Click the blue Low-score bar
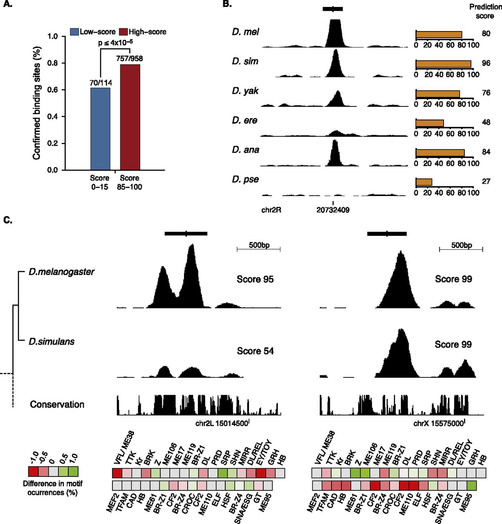100,129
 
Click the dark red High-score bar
130,117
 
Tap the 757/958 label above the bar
129,59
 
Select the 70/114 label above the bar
101,83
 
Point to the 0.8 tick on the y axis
52,63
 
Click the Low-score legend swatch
74,32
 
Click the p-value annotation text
115,42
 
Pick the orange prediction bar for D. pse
424,182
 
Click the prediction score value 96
486,63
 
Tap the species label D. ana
245,150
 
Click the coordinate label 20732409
333,210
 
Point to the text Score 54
255,351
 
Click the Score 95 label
255,279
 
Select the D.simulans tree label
52,341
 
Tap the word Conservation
57,404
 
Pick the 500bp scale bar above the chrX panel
461,248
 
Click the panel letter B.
227,4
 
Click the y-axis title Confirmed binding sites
37,105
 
